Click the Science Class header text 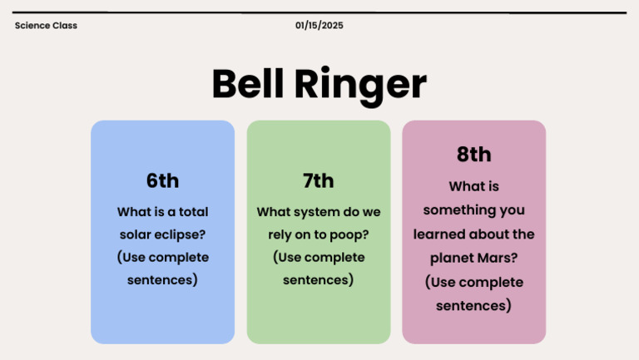pyautogui.click(x=46, y=26)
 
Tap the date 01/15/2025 pyautogui.click(x=319, y=26)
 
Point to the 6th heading pyautogui.click(x=162, y=180)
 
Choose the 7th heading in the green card pyautogui.click(x=318, y=180)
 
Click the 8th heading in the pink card pyautogui.click(x=473, y=155)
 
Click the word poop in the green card pyautogui.click(x=349, y=234)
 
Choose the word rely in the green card pyautogui.click(x=280, y=234)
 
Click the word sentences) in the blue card pyautogui.click(x=162, y=280)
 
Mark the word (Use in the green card pyautogui.click(x=290, y=257)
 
